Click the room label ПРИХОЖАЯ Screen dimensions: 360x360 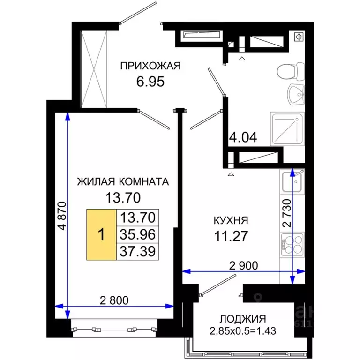tap(150, 66)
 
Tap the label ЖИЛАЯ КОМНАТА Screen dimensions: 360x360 tap(123, 182)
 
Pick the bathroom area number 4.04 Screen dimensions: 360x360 tap(243, 139)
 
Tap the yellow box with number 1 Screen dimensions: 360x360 tap(101, 234)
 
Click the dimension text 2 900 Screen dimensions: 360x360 tap(243, 265)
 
